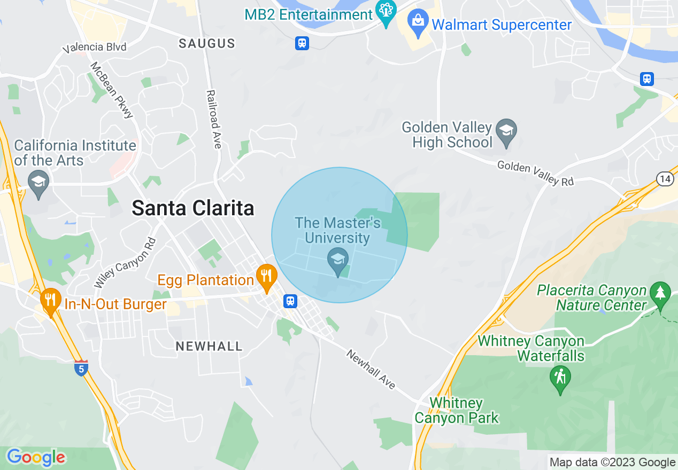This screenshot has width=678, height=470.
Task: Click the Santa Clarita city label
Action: (192, 208)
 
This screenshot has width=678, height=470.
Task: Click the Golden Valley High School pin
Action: (505, 131)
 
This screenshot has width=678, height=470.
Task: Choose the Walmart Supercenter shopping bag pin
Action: (418, 23)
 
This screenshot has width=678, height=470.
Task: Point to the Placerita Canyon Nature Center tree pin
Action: (660, 294)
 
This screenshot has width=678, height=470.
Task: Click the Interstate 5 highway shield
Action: (81, 367)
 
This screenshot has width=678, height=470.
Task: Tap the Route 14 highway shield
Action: (665, 179)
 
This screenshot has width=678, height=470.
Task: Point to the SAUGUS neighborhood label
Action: (207, 43)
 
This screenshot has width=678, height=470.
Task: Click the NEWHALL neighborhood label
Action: (209, 346)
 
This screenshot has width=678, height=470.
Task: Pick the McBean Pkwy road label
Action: (111, 90)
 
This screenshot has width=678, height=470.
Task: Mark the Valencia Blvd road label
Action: (94, 48)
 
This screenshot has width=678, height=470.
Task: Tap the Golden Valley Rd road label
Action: (535, 173)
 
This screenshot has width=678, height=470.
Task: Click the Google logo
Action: (36, 458)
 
